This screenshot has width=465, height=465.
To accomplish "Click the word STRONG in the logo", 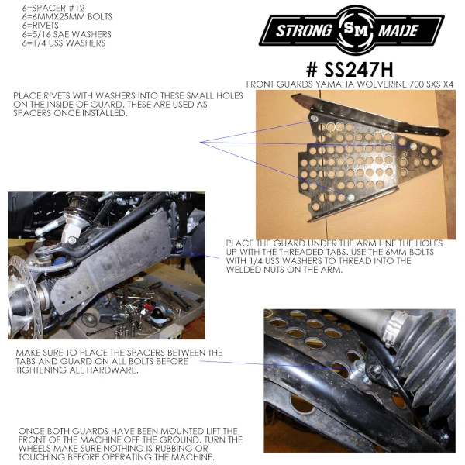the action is [x=304, y=30].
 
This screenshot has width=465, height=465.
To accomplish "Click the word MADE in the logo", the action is [x=398, y=30].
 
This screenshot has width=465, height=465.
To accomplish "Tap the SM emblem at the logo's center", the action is [x=355, y=29].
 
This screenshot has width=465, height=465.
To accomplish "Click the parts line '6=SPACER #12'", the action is [x=53, y=8].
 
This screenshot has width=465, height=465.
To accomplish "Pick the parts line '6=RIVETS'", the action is [x=40, y=26].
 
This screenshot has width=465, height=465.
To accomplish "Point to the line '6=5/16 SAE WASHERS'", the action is [x=67, y=34].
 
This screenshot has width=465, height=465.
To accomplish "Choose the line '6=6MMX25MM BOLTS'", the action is [x=67, y=16].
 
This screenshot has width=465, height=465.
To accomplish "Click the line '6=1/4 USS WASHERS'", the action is [x=64, y=43].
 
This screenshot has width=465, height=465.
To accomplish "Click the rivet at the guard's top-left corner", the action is [x=314, y=119].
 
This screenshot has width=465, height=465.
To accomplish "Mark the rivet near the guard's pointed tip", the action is [x=414, y=146].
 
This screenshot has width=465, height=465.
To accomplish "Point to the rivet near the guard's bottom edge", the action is [x=350, y=197].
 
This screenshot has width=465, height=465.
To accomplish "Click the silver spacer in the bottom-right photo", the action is [x=359, y=370].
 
